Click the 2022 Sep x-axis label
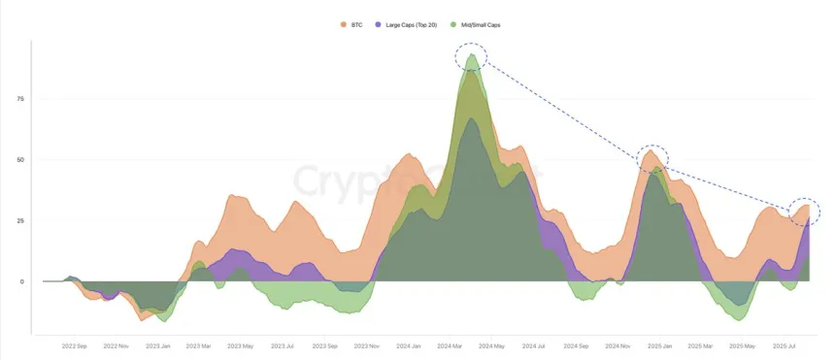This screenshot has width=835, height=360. [x=75, y=345]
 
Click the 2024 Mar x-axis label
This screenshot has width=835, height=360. [x=450, y=345]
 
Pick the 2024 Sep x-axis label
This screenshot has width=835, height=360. [x=575, y=345]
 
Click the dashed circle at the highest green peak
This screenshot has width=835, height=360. [x=472, y=57]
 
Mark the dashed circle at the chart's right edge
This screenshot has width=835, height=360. [x=805, y=208]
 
